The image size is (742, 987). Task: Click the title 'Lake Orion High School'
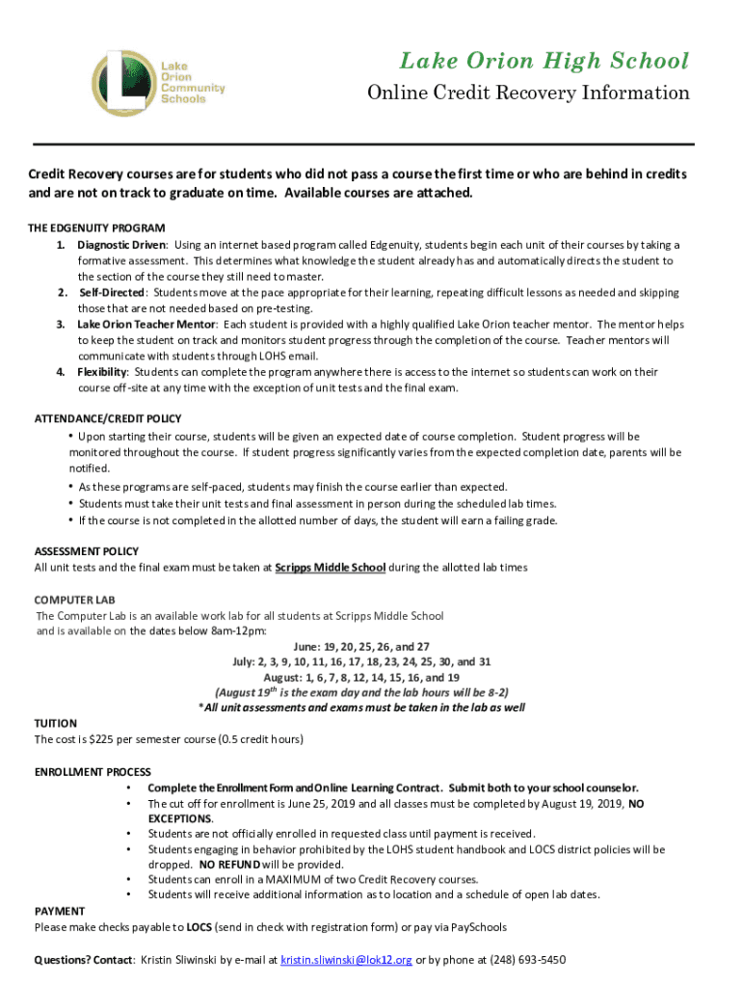click(544, 62)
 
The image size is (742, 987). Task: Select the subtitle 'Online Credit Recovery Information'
click(528, 93)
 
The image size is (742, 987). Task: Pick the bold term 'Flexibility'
click(102, 372)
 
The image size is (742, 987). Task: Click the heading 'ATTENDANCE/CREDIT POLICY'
click(108, 419)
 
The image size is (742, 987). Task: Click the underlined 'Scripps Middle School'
click(331, 568)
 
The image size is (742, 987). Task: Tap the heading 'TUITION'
click(56, 723)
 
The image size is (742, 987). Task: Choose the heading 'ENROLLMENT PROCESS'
click(93, 772)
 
